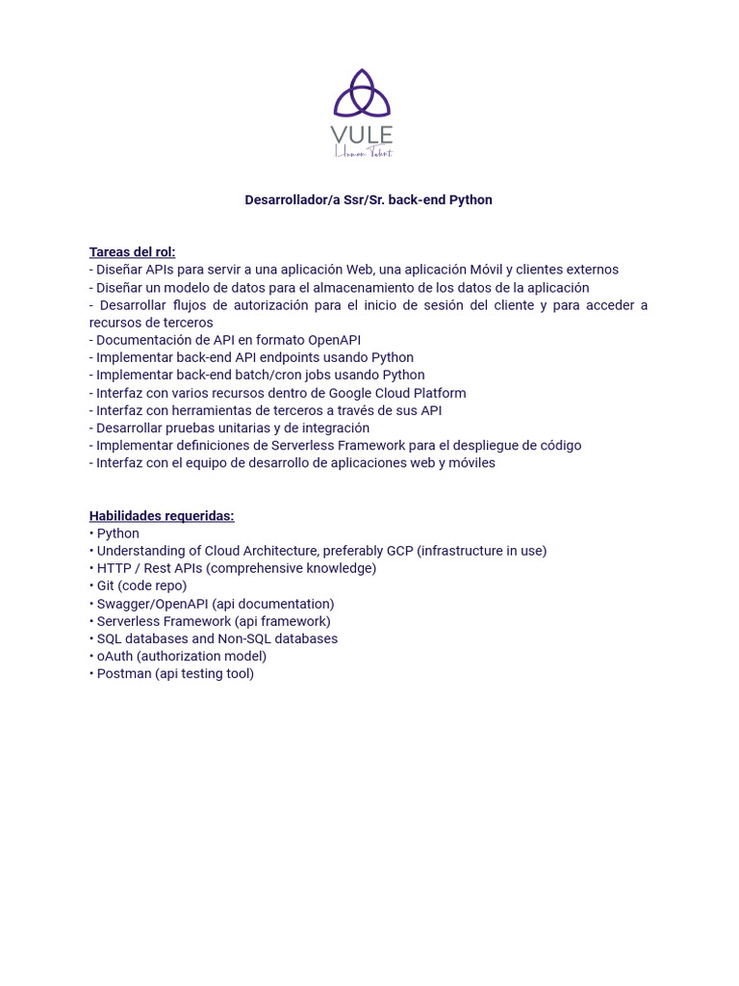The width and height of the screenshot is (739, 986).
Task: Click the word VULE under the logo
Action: [362, 135]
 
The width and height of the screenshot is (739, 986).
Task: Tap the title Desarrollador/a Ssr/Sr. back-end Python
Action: [369, 200]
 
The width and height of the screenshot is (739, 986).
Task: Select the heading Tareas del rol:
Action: [132, 252]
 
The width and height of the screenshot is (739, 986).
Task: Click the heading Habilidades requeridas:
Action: [162, 516]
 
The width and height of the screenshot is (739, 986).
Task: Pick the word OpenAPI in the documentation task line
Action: [334, 340]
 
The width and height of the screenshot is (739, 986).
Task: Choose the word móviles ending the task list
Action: [471, 463]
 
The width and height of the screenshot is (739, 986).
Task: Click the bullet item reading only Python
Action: [117, 533]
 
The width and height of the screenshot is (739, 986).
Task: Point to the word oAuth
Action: [115, 656]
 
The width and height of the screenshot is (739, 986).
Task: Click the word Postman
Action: [124, 674]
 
